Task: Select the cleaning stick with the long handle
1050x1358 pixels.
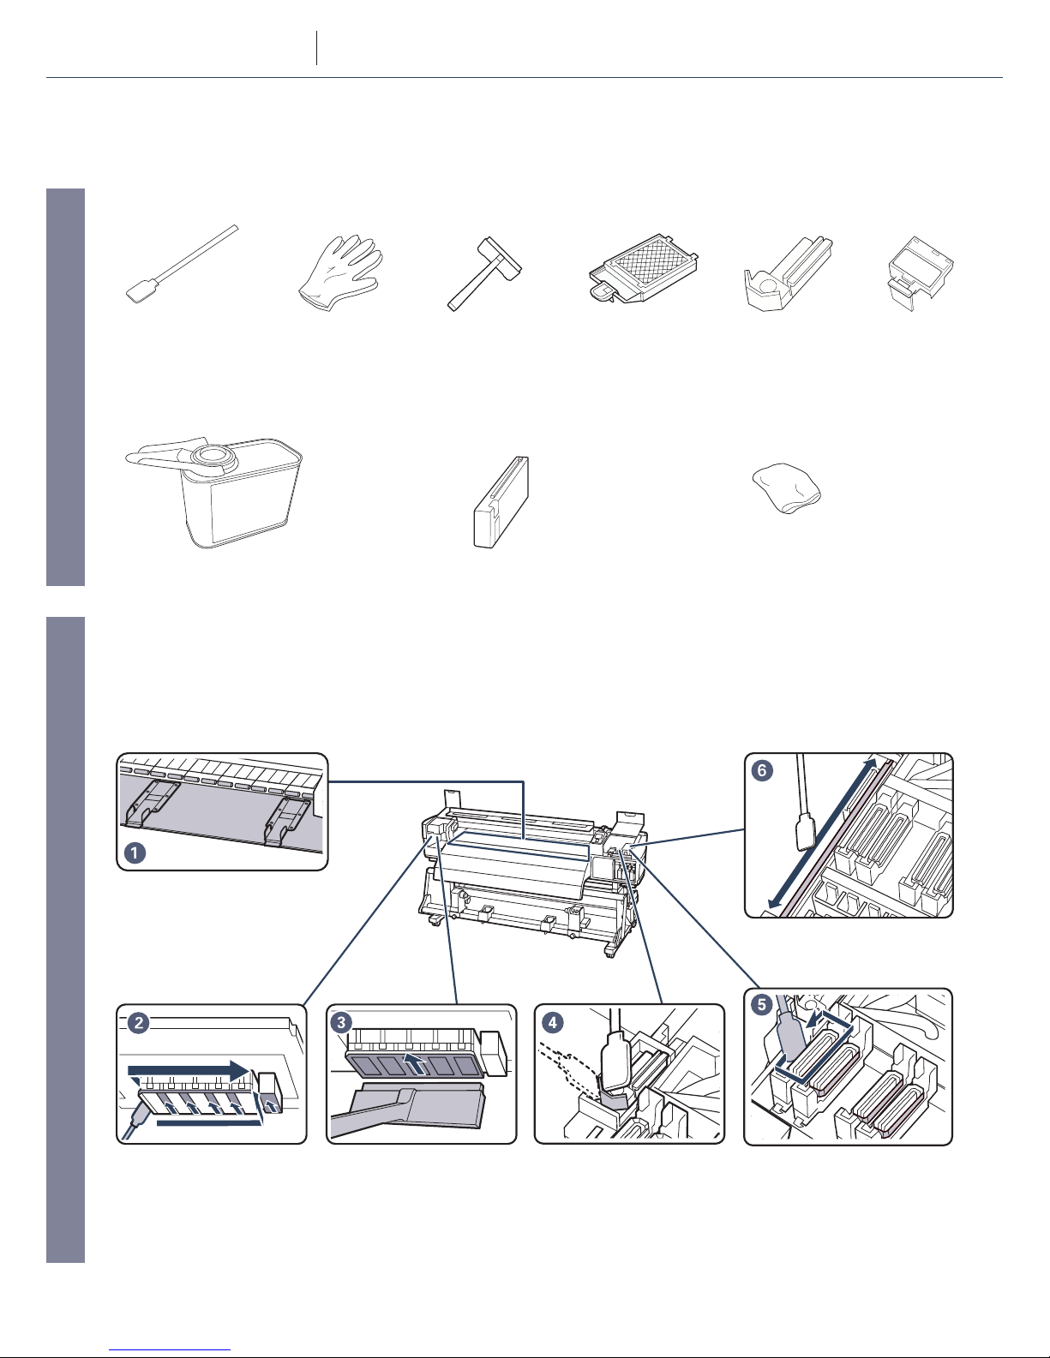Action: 182,265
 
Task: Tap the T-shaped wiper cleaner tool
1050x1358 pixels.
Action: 484,273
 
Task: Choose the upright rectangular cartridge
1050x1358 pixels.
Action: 501,502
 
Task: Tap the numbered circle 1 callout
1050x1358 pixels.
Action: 135,852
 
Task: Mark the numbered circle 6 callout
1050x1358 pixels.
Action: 762,770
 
